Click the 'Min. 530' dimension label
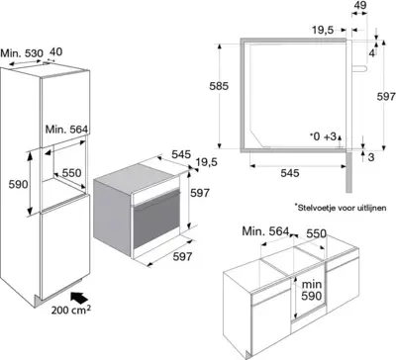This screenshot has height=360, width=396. (21, 50)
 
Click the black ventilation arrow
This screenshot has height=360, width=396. (77, 294)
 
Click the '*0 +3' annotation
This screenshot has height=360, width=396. (323, 135)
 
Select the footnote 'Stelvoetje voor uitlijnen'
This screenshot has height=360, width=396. (336, 207)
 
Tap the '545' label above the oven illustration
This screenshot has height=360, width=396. (181, 154)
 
